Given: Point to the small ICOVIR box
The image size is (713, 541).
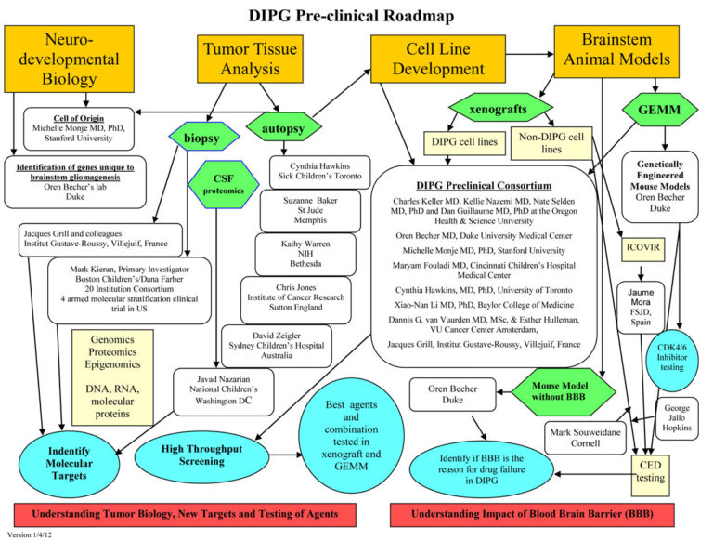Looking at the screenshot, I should pyautogui.click(x=643, y=248).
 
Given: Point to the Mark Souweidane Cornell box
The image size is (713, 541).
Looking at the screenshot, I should pyautogui.click(x=589, y=437).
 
